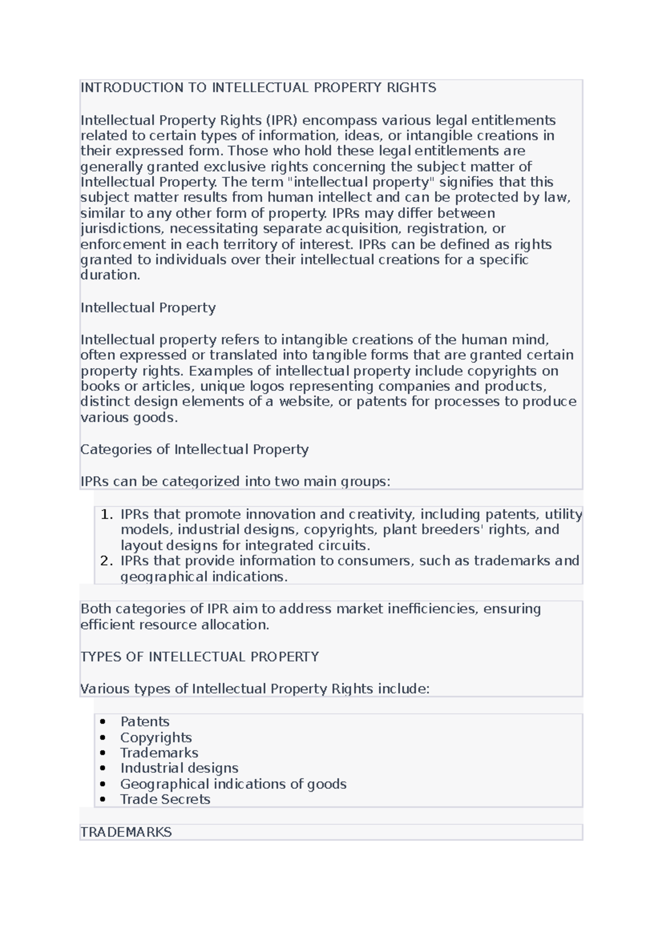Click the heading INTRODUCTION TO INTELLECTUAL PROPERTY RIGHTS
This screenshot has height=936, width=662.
point(258,88)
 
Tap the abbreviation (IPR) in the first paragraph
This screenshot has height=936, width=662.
point(282,120)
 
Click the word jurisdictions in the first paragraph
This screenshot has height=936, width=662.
point(122,229)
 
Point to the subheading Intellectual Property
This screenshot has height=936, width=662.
point(148,308)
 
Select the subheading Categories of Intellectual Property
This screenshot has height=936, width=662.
point(194,449)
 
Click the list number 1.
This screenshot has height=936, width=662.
point(106,515)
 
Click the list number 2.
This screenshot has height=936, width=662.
point(106,561)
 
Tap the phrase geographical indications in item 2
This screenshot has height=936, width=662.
point(203,577)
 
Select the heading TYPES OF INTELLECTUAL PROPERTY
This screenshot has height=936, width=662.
point(200,657)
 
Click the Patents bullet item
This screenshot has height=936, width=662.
point(145,722)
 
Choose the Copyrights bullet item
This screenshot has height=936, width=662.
point(156,738)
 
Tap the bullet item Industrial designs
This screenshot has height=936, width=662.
point(179,768)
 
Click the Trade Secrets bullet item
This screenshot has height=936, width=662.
point(165,799)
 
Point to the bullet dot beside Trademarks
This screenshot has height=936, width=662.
point(103,753)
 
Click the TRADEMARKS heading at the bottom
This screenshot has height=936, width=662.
point(126,832)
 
